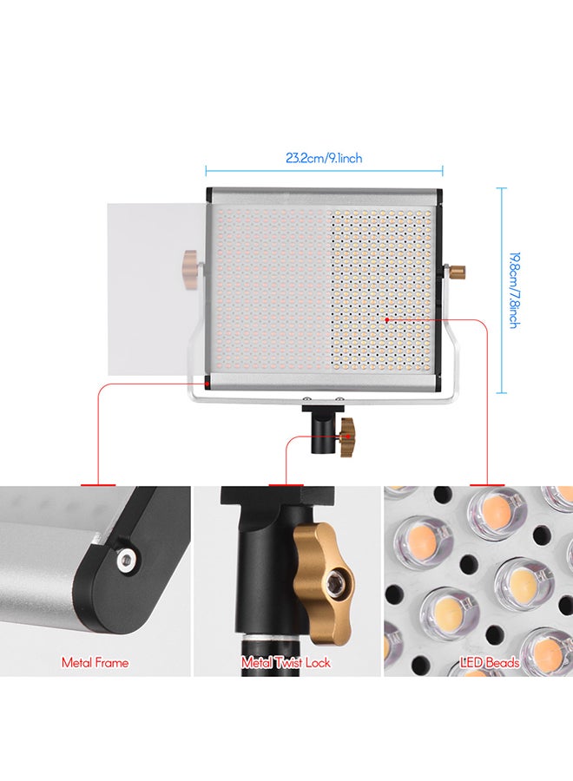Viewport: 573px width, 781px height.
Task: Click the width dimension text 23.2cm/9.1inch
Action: (324, 158)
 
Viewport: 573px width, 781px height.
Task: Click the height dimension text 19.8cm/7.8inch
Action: (514, 290)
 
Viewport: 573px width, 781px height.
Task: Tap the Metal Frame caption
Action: (95, 662)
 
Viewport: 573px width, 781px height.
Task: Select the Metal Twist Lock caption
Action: (286, 662)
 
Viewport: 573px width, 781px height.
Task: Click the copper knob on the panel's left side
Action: (190, 260)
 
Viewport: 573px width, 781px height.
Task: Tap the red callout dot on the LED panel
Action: (386, 319)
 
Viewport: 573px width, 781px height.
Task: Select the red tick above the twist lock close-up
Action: (286, 483)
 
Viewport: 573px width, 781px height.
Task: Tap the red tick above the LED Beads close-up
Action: (487, 483)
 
